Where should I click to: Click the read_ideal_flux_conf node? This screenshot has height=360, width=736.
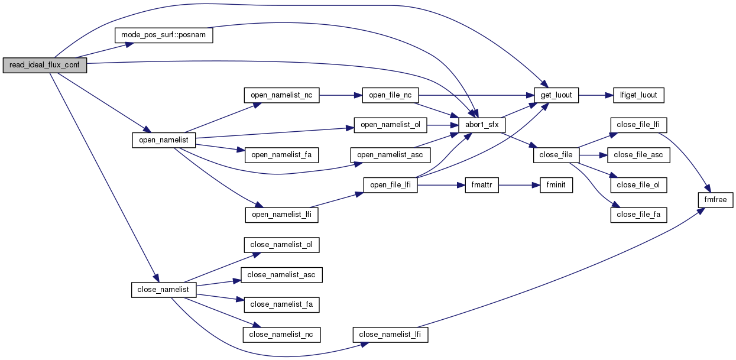(45, 65)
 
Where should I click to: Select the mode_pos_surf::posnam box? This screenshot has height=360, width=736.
(163, 35)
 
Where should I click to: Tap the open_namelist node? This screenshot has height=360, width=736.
(163, 140)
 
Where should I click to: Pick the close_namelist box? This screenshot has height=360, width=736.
(163, 290)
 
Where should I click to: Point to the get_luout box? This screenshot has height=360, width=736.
(556, 95)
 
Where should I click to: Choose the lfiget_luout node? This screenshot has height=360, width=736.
(638, 95)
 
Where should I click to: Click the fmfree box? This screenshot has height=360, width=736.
(716, 200)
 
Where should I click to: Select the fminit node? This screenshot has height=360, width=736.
(555, 185)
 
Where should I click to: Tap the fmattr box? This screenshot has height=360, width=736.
(482, 185)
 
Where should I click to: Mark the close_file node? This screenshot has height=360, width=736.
(556, 155)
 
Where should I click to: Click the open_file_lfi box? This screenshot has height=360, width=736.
(391, 185)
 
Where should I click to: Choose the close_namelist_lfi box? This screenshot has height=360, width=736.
(391, 335)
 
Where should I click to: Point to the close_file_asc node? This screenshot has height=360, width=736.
(638, 155)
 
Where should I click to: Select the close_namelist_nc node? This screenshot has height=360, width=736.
(281, 335)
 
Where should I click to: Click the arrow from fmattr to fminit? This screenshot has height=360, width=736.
(518, 185)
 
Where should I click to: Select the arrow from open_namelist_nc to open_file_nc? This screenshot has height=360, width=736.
(337, 95)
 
